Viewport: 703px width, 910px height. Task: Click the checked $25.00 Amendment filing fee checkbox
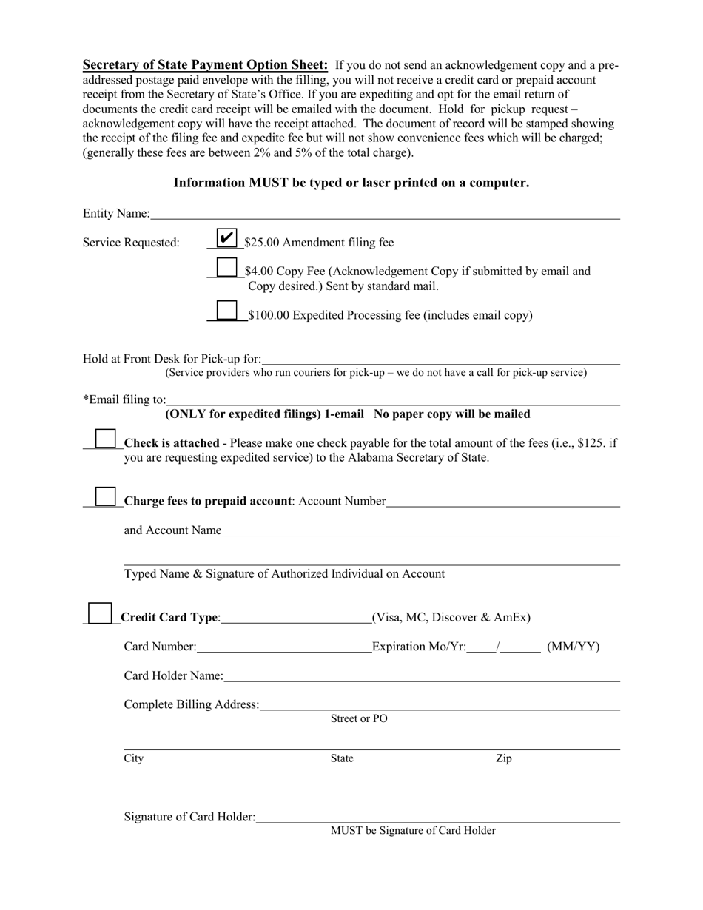(x=226, y=237)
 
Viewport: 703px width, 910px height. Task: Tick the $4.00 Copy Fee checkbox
(x=226, y=267)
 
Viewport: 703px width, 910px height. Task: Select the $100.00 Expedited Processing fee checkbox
(x=226, y=311)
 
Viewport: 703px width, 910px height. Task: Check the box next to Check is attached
(x=106, y=439)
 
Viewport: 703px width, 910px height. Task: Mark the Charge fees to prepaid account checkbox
(x=106, y=497)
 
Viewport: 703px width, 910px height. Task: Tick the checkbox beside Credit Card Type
(x=99, y=613)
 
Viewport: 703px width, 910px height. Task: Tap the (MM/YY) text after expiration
(x=573, y=647)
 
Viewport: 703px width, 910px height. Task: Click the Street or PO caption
(x=359, y=719)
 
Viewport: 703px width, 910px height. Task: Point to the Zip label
(x=503, y=759)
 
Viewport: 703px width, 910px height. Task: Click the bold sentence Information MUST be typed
(x=351, y=183)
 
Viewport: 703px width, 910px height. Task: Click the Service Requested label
(x=131, y=243)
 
